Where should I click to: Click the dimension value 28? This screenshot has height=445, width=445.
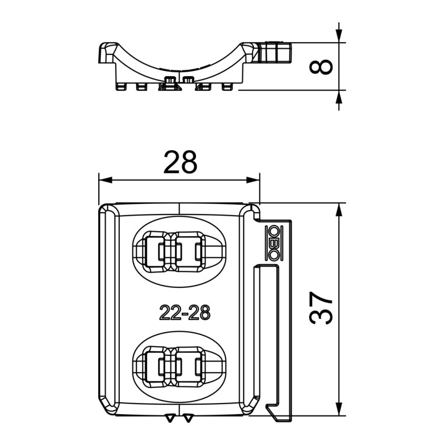[180, 163]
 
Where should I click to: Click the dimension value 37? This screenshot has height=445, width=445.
[321, 308]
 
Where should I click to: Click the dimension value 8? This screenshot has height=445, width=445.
[321, 67]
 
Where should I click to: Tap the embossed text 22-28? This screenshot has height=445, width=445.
[185, 313]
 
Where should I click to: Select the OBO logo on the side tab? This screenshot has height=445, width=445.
[274, 244]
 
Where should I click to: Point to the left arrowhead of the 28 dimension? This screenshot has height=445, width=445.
[106, 180]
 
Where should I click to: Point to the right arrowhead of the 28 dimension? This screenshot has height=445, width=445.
[253, 180]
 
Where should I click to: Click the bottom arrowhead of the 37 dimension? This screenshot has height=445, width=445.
[339, 409]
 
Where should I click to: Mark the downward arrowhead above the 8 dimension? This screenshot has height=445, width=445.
[339, 36]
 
